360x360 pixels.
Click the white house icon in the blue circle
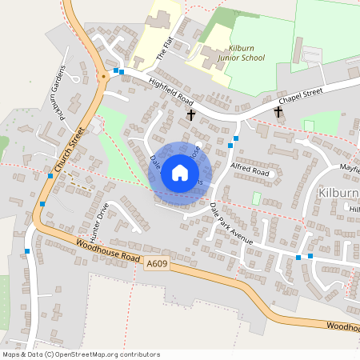coord(180,173)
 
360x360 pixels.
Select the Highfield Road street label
coord(171,90)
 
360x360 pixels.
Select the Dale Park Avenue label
coord(231,224)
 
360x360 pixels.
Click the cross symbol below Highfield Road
coord(190,115)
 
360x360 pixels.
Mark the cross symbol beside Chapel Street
coord(278,112)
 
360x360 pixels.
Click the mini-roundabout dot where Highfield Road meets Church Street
coord(104,78)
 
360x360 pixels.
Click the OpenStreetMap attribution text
coord(81,354)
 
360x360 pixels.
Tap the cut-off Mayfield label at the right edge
coord(349,169)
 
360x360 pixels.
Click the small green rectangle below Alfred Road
coord(257,198)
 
